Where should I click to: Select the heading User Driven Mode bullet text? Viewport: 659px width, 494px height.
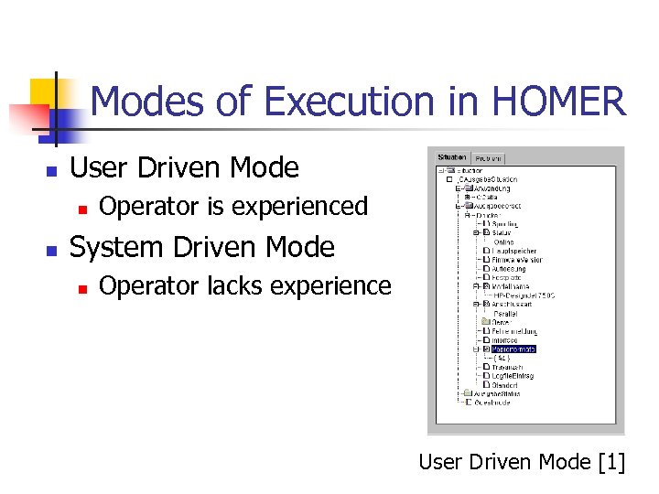tap(184, 167)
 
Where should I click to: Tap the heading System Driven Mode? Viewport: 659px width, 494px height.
tap(202, 247)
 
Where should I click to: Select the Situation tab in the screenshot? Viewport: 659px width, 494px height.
tap(452, 157)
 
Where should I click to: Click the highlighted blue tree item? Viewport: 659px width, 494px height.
tap(513, 349)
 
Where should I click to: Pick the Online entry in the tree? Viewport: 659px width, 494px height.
tap(503, 242)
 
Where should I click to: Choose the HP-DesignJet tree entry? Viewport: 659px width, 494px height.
tap(523, 295)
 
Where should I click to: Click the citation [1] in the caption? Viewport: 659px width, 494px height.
tap(610, 462)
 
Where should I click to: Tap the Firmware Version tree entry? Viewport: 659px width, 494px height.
tap(516, 260)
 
